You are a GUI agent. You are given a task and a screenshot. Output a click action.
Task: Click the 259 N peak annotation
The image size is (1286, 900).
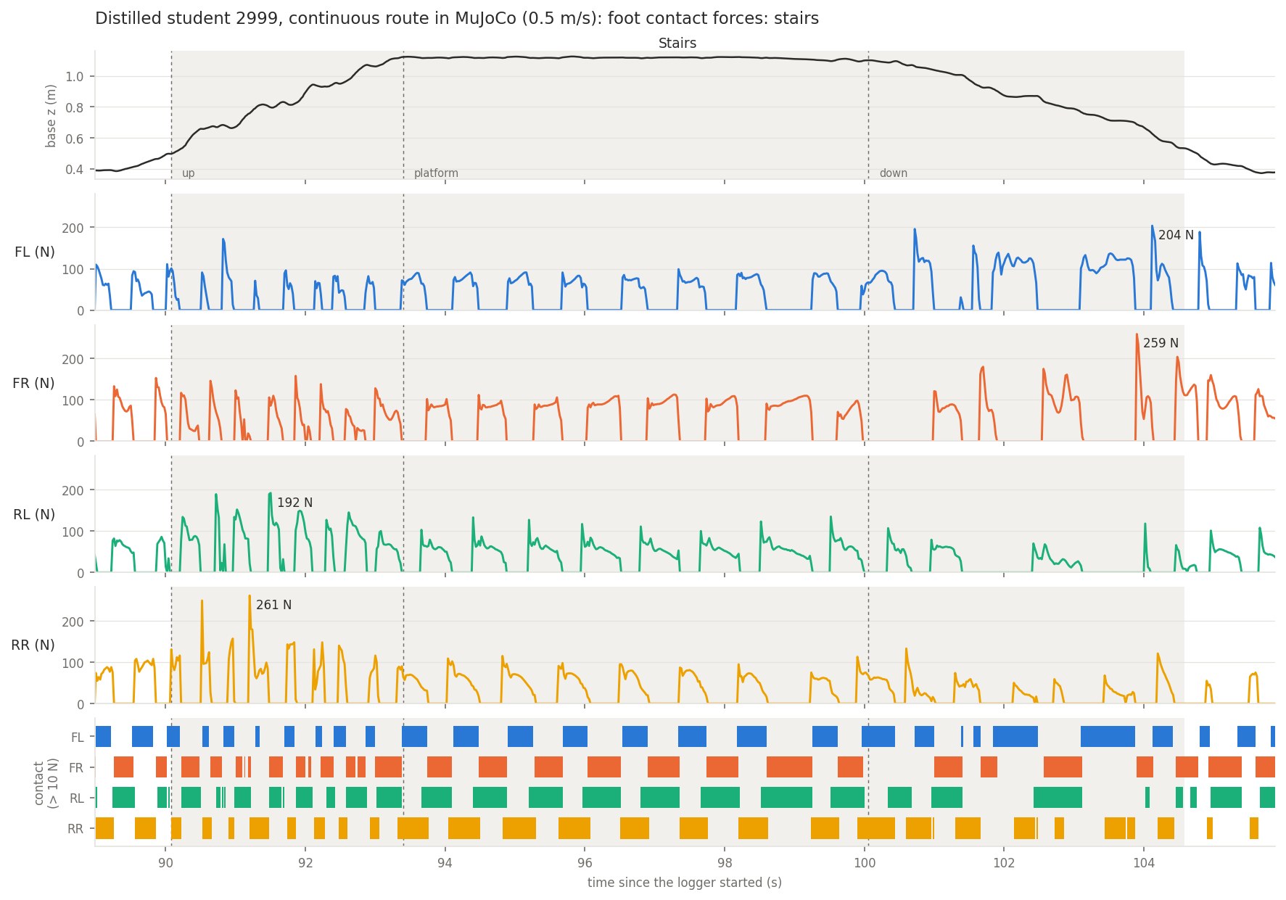[1161, 343]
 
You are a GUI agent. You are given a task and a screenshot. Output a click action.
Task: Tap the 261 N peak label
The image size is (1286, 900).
[273, 605]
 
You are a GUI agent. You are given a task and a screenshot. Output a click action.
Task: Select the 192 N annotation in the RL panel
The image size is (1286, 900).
[294, 503]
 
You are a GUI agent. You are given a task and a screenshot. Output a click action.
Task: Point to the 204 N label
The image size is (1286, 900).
[1176, 235]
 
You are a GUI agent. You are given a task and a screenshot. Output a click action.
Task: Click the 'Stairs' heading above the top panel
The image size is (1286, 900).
[677, 44]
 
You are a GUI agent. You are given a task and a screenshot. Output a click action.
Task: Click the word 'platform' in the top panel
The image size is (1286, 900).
[436, 173]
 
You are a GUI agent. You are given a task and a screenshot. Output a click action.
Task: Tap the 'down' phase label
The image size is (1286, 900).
[893, 173]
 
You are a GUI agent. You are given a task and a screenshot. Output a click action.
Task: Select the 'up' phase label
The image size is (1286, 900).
[188, 173]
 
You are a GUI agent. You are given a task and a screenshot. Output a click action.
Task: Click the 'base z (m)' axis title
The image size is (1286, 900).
[51, 116]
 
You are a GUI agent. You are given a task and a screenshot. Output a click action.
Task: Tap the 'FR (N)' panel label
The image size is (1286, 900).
[33, 383]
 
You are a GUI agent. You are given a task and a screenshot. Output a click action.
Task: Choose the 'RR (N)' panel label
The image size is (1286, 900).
[33, 645]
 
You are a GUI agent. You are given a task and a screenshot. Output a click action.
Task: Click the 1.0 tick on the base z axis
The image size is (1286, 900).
[75, 77]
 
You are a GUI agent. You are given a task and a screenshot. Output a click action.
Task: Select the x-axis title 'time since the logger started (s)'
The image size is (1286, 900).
[685, 883]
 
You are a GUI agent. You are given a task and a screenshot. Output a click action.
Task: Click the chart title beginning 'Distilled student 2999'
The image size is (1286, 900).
[457, 19]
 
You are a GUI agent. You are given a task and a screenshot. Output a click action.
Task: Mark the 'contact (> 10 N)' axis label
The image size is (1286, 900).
[45, 783]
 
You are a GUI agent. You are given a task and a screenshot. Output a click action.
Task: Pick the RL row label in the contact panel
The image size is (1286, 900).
[77, 798]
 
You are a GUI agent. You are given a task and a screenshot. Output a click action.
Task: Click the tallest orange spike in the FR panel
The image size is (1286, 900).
[1137, 335]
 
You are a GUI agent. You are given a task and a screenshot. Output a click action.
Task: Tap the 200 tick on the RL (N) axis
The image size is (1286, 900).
[73, 490]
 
